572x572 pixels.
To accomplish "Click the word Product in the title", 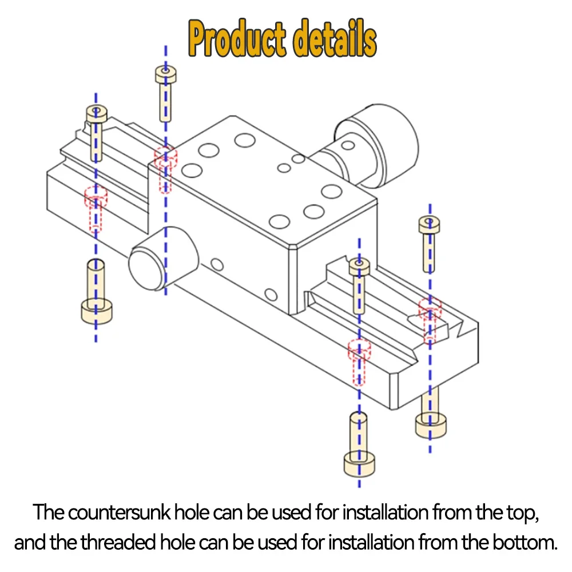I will (236, 41).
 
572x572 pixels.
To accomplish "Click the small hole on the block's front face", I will (217, 264).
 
